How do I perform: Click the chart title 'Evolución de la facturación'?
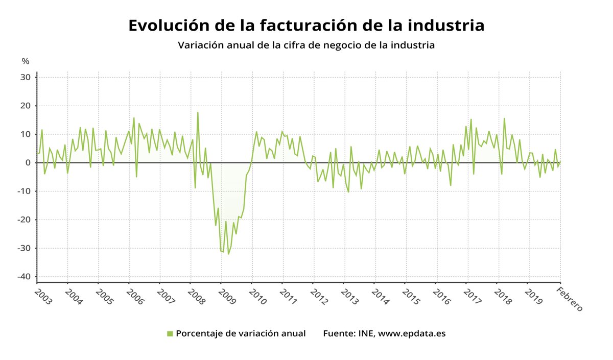[x=306, y=26]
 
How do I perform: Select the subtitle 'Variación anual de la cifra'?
[x=306, y=45]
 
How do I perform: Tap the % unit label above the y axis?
[x=26, y=61]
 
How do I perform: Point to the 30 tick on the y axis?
[x=26, y=78]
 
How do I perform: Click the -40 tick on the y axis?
[x=25, y=277]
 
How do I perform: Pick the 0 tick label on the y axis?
[x=29, y=163]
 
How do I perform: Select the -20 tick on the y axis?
[x=25, y=220]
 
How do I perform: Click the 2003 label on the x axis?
[x=43, y=297]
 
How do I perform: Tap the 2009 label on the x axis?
[x=227, y=297]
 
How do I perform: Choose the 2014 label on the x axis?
[x=380, y=297]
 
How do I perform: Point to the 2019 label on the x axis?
[x=533, y=297]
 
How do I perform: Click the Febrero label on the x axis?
[x=569, y=299]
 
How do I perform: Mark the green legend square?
[x=170, y=334]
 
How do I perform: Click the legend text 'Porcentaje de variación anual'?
[x=241, y=333]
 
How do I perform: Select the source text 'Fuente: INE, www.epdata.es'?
[x=384, y=333]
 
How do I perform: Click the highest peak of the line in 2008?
[x=198, y=112]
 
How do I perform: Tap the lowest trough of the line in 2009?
[x=228, y=254]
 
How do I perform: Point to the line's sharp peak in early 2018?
[x=504, y=118]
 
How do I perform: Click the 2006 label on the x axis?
[x=135, y=297]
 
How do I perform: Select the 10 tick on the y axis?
[x=26, y=134]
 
